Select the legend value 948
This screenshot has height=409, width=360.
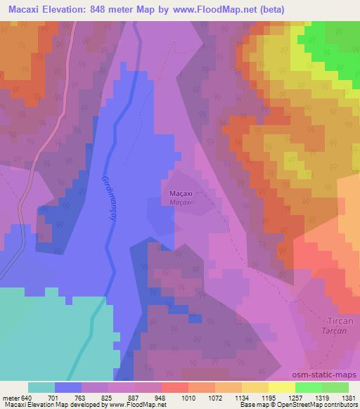[161, 396]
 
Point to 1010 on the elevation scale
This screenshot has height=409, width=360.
[188, 396]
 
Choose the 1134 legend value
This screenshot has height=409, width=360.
[241, 396]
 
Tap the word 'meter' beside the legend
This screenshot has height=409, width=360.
[10, 396]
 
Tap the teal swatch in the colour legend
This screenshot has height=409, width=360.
[41, 387]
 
